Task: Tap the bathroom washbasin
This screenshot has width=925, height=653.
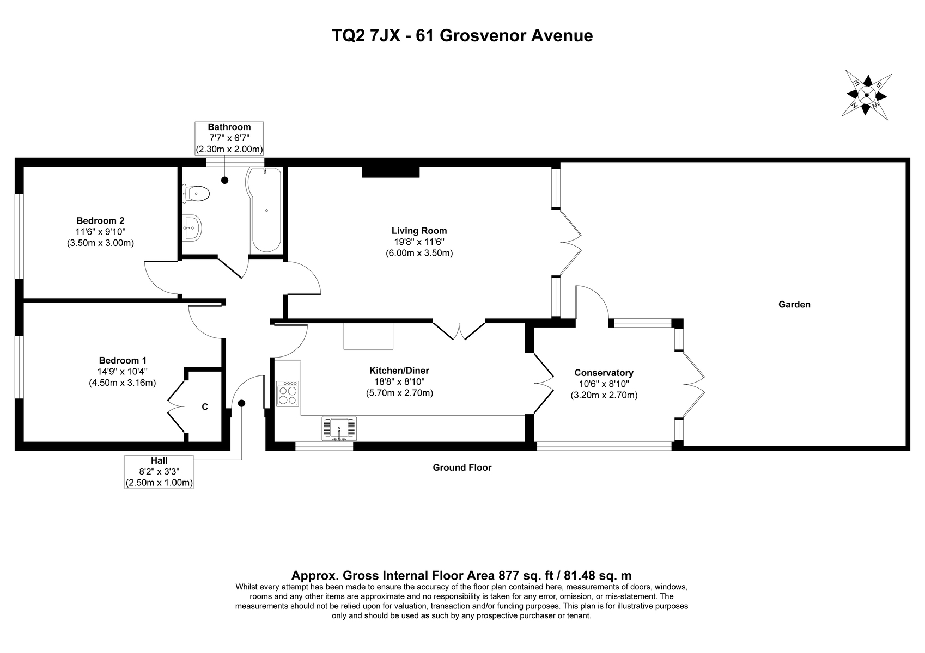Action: click(192, 227)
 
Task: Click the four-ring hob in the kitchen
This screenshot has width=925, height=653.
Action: click(288, 393)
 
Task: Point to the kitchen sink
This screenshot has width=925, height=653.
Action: click(339, 429)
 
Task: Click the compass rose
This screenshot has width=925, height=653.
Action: click(866, 95)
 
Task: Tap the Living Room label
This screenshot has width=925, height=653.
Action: click(419, 231)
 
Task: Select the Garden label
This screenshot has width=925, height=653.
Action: click(794, 304)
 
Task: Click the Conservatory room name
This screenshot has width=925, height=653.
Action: click(604, 373)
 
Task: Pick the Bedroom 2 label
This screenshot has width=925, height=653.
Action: click(100, 221)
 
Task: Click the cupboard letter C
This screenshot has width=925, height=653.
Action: click(205, 406)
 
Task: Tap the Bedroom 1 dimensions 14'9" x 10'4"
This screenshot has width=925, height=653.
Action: click(122, 372)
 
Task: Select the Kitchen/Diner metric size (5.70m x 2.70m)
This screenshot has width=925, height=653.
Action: click(399, 393)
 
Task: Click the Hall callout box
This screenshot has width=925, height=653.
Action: click(159, 472)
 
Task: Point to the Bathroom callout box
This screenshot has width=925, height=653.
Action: click(229, 138)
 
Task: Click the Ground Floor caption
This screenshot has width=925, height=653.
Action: click(462, 467)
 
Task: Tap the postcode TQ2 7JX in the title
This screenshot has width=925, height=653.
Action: click(366, 36)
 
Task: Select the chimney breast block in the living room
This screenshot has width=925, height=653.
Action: click(391, 171)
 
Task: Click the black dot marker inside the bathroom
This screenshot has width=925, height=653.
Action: click(224, 180)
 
